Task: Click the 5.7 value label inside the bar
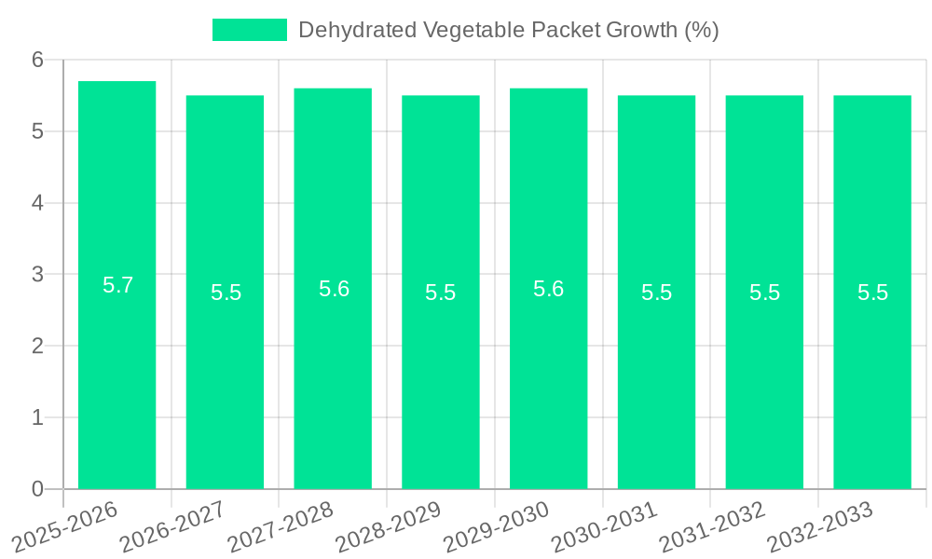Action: pyautogui.click(x=117, y=286)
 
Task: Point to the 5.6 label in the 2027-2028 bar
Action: pyautogui.click(x=334, y=289)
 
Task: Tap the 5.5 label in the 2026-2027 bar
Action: pyautogui.click(x=226, y=293)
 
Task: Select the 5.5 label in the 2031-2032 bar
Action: pyautogui.click(x=764, y=293)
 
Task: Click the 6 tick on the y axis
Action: pyautogui.click(x=37, y=60)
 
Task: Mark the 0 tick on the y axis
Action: pyautogui.click(x=37, y=489)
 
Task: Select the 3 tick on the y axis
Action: pyautogui.click(x=37, y=275)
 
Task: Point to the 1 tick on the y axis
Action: pyautogui.click(x=37, y=417)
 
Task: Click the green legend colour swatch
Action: pyautogui.click(x=250, y=30)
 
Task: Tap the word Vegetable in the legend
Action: pyautogui.click(x=473, y=30)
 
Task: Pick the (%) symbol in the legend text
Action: pyautogui.click(x=702, y=30)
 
